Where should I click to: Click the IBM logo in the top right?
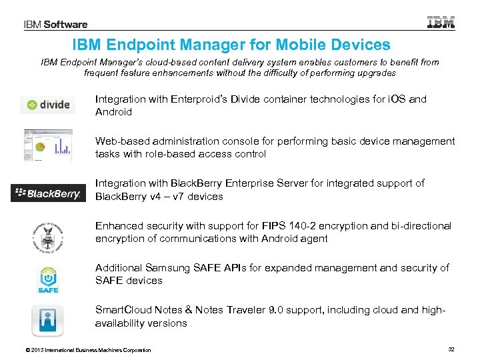coord(441,22)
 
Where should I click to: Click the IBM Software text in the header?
coord(56,25)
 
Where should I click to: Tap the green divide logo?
coord(48,105)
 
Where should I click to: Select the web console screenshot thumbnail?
coord(48,146)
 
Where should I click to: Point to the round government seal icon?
coord(48,235)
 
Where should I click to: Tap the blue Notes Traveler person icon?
coord(48,321)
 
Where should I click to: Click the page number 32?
coord(451,349)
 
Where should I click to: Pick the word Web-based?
coord(121,141)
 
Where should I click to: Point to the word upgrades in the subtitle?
coord(375,73)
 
